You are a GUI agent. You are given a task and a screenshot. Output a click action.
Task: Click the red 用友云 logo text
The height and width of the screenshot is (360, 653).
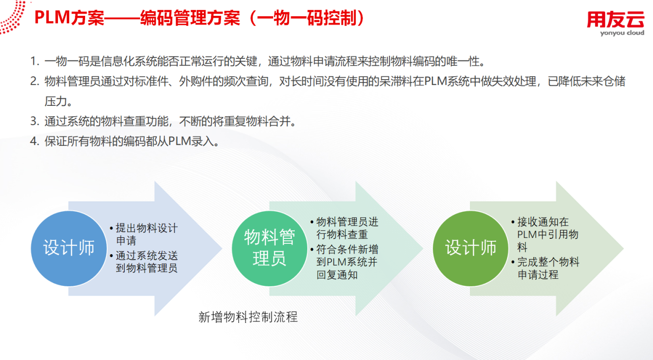pyautogui.click(x=615, y=19)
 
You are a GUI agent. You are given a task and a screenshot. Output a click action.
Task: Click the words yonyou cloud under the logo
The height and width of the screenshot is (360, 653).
pyautogui.click(x=622, y=33)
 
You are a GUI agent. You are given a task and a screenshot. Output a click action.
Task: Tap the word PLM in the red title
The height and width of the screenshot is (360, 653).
pyautogui.click(x=52, y=18)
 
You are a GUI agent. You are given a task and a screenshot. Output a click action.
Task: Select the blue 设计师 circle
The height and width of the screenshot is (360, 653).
pyautogui.click(x=69, y=248)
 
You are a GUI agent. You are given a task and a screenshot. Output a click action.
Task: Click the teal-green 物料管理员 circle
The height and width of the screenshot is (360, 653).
pyautogui.click(x=270, y=248)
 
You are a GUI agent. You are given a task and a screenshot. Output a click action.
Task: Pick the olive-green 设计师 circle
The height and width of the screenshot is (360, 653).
pyautogui.click(x=470, y=248)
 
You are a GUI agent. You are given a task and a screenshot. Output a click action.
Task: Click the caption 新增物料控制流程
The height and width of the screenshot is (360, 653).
pyautogui.click(x=248, y=317)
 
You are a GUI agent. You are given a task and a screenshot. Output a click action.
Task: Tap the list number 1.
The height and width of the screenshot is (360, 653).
pyautogui.click(x=35, y=61)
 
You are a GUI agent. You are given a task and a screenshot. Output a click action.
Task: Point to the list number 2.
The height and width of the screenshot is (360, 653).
pyautogui.click(x=35, y=81)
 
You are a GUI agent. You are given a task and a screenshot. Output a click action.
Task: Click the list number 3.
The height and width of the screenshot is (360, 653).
pyautogui.click(x=35, y=121)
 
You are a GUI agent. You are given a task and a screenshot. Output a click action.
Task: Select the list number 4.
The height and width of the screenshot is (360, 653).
pyautogui.click(x=35, y=141)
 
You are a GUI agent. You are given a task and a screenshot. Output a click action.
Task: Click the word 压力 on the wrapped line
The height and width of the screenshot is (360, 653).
pyautogui.click(x=56, y=101)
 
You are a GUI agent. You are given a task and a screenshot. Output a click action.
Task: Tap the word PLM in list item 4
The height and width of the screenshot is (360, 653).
pyautogui.click(x=180, y=141)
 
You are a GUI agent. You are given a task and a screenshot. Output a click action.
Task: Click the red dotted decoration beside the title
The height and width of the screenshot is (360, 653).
pyautogui.click(x=13, y=16)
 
